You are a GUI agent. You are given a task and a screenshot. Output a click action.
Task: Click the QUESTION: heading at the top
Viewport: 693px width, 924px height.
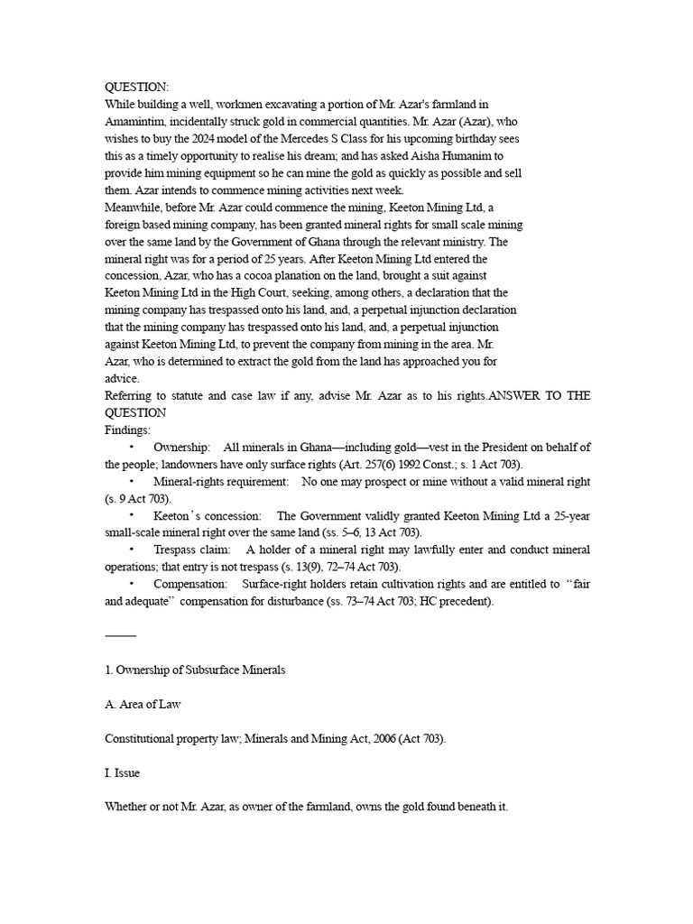[x=137, y=87]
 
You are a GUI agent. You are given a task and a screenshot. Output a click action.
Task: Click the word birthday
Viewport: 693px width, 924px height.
[x=472, y=138]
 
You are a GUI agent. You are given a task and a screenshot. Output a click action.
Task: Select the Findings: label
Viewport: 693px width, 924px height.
[x=128, y=430]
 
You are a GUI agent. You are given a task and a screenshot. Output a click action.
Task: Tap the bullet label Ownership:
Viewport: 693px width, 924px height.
[x=182, y=448]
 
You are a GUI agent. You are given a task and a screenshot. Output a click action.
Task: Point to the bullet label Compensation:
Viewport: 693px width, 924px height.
[x=190, y=584]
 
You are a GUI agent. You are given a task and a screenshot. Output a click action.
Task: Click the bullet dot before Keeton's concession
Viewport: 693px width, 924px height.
[x=132, y=516]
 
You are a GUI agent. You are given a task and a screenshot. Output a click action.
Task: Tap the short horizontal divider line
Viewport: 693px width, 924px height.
[x=121, y=636]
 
